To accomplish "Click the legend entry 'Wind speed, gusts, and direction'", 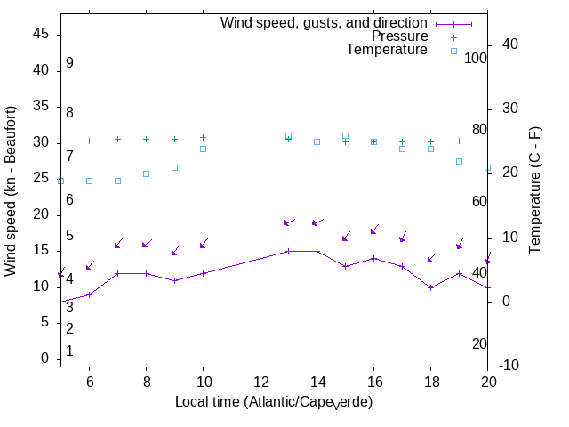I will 324,23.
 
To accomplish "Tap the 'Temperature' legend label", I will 387,50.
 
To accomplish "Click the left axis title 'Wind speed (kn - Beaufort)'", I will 11,190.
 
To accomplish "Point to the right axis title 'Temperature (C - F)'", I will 535,190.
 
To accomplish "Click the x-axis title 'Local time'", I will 273,402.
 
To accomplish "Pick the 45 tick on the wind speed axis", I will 43,34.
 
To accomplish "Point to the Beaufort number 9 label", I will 69,63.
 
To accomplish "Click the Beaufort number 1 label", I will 69,351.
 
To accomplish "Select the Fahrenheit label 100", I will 476,58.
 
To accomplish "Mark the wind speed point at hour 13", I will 288,251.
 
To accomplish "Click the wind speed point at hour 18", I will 430,287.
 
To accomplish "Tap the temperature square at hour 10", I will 203,149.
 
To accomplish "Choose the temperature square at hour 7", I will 117,181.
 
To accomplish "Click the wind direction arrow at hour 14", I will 317,222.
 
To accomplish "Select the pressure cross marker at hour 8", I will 146,139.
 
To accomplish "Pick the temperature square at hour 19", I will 459,161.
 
